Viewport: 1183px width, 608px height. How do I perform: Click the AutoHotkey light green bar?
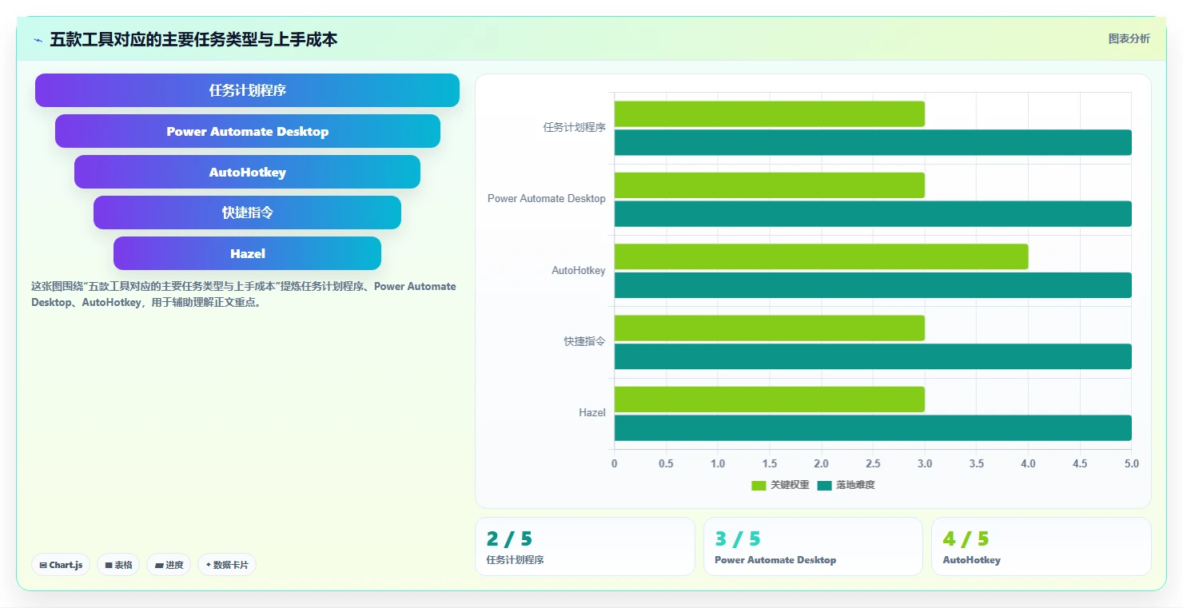point(821,256)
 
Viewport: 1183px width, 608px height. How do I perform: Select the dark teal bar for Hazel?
point(873,428)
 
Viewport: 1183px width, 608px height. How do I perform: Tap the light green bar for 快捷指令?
point(770,328)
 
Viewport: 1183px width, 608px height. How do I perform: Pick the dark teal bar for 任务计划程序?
point(873,142)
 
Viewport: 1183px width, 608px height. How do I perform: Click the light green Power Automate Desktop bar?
point(770,185)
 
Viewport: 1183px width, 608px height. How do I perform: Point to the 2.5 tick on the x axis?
point(873,463)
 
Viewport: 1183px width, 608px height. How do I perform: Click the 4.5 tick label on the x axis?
point(1080,463)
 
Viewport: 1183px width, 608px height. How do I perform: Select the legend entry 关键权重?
point(780,485)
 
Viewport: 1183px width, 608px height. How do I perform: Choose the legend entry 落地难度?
point(846,485)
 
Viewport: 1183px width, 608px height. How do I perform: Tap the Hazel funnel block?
point(247,253)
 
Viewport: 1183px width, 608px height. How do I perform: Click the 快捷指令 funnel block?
point(247,213)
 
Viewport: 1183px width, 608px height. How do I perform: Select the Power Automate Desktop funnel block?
point(248,131)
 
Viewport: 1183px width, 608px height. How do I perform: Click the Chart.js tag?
point(61,565)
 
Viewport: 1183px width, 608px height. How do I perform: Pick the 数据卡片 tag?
point(226,565)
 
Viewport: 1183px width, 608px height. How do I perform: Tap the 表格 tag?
point(118,565)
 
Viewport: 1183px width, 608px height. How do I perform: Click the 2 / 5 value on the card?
point(509,538)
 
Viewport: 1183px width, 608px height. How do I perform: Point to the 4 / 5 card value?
point(966,538)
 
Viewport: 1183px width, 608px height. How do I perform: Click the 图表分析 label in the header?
point(1129,38)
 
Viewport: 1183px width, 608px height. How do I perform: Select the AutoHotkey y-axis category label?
point(578,270)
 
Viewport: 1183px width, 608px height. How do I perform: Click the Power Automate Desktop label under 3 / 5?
point(775,560)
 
